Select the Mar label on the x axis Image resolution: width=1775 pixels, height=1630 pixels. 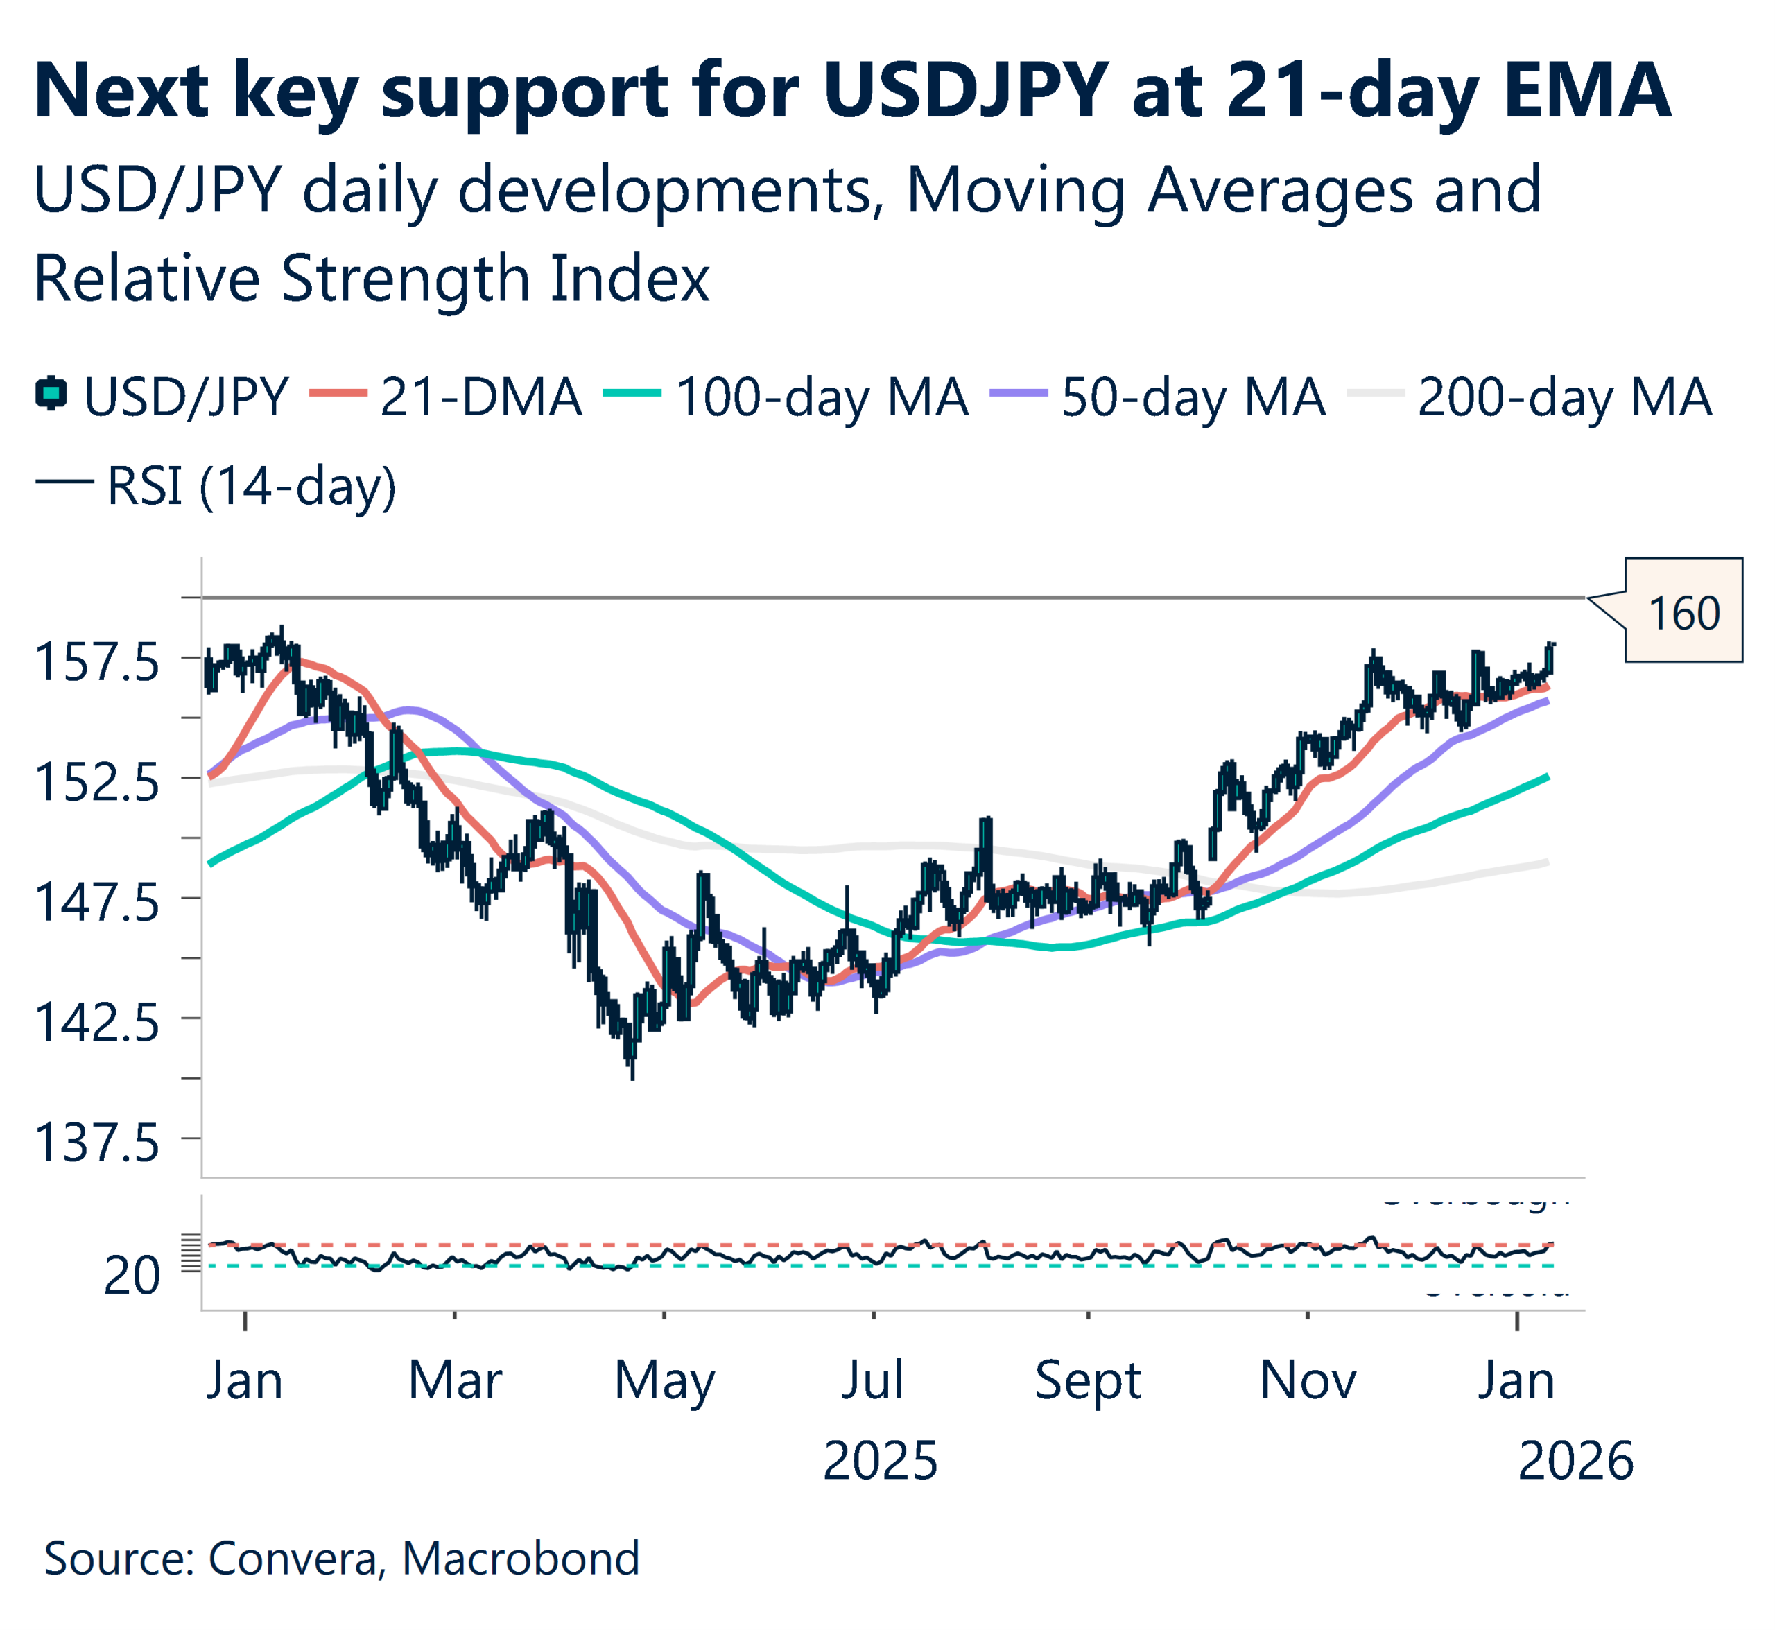454,1380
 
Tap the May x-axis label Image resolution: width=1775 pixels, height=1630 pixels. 664,1380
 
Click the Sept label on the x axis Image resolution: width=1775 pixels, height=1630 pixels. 1088,1380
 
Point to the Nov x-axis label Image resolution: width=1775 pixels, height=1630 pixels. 1308,1380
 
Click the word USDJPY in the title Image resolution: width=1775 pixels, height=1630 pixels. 965,90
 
